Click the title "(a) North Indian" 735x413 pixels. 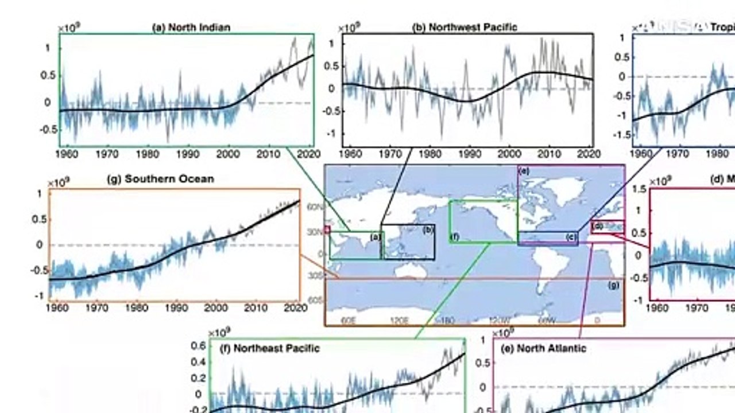(x=191, y=28)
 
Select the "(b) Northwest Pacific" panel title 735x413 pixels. (x=465, y=27)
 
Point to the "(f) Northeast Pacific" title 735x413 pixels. (x=269, y=348)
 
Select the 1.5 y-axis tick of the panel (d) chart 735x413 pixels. (x=639, y=189)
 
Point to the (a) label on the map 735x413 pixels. (x=375, y=236)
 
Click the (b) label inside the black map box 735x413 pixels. (x=428, y=231)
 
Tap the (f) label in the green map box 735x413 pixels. (x=455, y=236)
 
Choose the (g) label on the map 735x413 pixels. (x=614, y=285)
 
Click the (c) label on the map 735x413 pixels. (x=571, y=237)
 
